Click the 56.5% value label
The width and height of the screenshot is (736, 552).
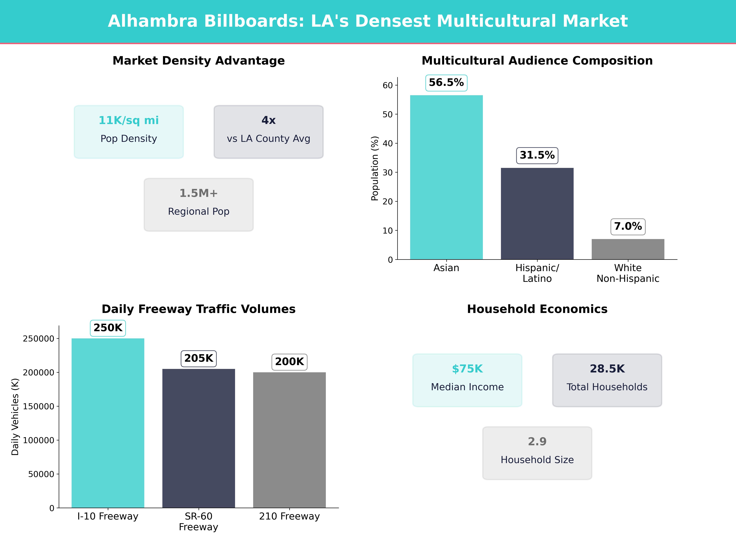(446, 82)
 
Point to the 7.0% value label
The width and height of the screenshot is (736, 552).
(628, 226)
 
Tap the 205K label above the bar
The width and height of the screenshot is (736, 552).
(199, 358)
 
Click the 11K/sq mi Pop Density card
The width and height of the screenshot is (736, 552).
(129, 132)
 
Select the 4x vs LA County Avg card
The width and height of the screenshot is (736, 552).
(268, 132)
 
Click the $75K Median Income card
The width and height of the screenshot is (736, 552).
(467, 380)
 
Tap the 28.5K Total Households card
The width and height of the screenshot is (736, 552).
(607, 380)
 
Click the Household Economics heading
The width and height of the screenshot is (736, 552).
(537, 309)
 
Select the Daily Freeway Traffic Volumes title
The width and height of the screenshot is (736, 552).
(199, 309)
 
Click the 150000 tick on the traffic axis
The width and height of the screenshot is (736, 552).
(38, 406)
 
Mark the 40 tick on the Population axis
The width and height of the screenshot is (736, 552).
(388, 143)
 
